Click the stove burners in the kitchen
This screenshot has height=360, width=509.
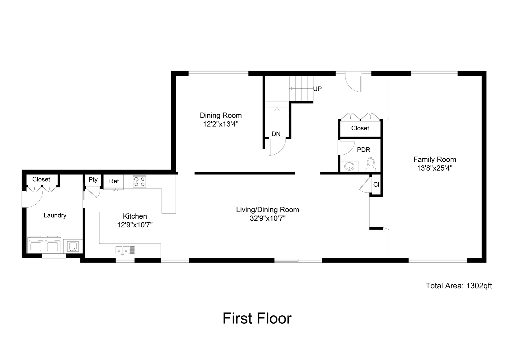[x=139, y=181]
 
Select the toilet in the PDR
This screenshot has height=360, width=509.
[x=370, y=164]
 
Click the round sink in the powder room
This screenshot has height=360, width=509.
[x=349, y=166]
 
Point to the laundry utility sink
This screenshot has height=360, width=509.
[x=73, y=247]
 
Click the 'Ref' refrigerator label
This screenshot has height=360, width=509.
[x=114, y=181]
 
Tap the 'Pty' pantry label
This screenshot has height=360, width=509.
[x=93, y=180]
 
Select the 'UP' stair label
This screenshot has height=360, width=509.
[x=317, y=89]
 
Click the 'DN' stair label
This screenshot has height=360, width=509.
[x=276, y=134]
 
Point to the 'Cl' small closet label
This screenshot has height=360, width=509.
[x=376, y=184]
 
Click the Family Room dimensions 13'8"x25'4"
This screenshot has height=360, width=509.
[x=434, y=168]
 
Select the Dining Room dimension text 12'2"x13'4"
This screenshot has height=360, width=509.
[x=221, y=124]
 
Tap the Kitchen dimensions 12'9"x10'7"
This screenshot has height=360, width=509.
[x=135, y=225]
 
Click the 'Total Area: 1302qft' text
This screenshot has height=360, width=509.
[x=459, y=286]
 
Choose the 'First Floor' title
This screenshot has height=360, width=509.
[x=257, y=318]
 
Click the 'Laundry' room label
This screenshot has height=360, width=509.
[x=55, y=215]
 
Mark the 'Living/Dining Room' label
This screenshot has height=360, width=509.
[x=267, y=210]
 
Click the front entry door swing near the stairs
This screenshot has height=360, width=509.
[x=353, y=83]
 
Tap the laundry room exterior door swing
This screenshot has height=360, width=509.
[x=32, y=200]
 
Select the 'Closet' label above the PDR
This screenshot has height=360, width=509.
[x=360, y=128]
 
